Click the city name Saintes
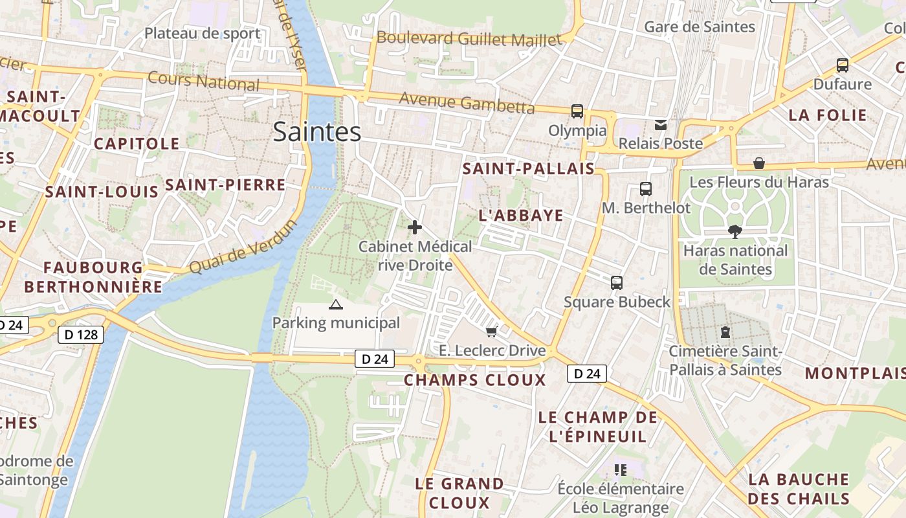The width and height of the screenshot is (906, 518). click(316, 131)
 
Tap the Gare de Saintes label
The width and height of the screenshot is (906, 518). click(700, 27)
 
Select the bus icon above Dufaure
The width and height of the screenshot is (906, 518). click(842, 65)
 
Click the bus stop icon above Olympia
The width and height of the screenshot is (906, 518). click(577, 111)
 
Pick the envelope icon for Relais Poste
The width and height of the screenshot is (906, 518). click(661, 124)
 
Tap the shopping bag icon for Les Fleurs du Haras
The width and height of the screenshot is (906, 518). click(759, 163)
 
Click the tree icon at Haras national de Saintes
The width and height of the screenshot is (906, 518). click(735, 231)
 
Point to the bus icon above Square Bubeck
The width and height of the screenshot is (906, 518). click(617, 282)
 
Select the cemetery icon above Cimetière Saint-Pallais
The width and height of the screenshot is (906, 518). click(725, 332)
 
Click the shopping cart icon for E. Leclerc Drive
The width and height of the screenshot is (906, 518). click(491, 332)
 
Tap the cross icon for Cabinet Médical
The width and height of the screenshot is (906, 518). click(415, 227)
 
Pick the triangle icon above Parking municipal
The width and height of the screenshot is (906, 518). click(335, 304)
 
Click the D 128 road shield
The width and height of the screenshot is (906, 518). click(80, 334)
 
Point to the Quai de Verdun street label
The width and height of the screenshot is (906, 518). click(243, 247)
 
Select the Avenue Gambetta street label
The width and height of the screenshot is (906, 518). click(467, 102)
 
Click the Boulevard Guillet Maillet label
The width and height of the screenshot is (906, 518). click(469, 38)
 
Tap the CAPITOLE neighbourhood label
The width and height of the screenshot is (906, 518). click(137, 144)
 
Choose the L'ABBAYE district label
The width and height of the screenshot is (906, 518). click(521, 216)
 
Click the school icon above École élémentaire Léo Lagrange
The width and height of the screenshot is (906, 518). click(621, 469)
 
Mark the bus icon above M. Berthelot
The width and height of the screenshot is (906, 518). click(645, 189)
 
